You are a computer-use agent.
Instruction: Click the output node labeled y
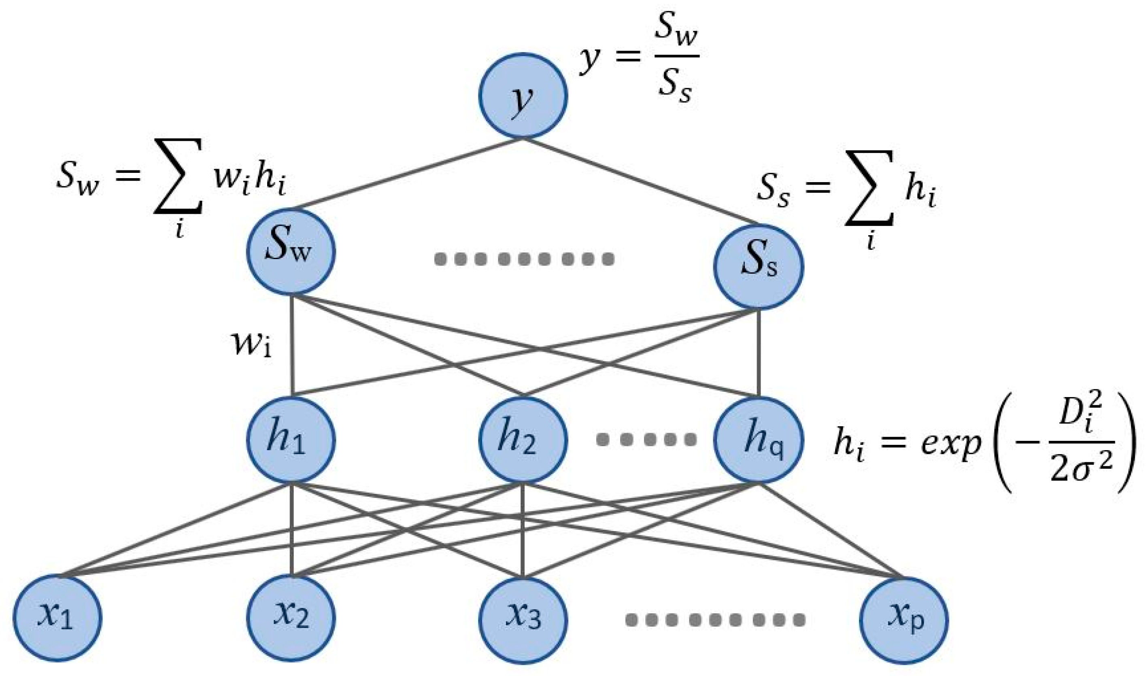523,95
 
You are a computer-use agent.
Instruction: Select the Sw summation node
291,251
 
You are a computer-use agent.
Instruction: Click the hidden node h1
291,439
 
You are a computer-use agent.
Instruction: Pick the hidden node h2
523,439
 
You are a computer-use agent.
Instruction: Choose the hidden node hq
758,439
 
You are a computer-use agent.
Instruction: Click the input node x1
57,619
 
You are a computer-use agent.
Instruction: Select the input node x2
291,619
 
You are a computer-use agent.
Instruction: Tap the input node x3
523,619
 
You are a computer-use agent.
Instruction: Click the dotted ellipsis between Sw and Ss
524,259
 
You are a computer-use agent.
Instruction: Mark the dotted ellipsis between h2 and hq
646,440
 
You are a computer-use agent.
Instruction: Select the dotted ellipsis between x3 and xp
715,619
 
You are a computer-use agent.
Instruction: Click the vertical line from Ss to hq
758,353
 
